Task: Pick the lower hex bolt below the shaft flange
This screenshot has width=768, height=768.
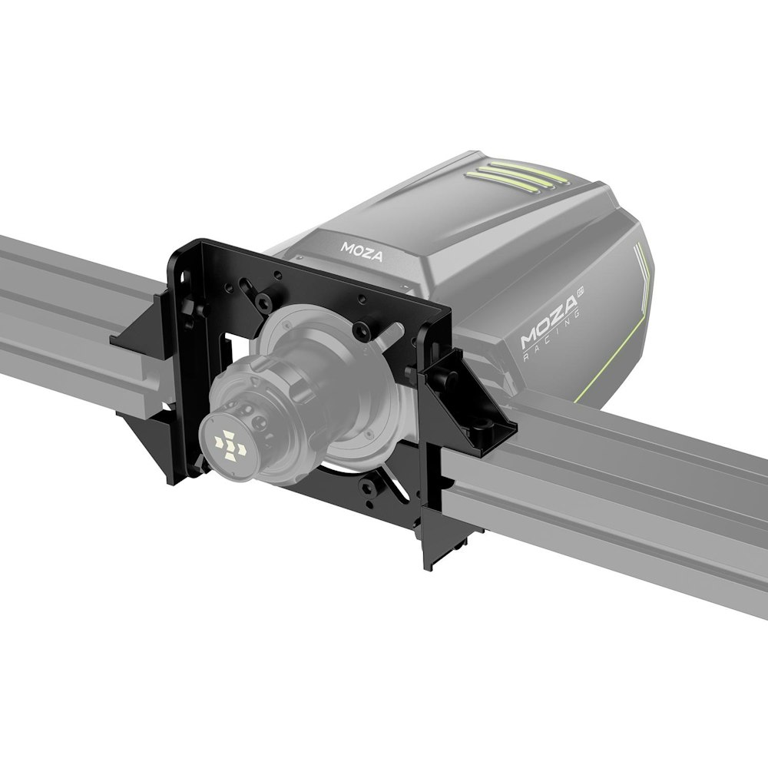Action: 373,489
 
